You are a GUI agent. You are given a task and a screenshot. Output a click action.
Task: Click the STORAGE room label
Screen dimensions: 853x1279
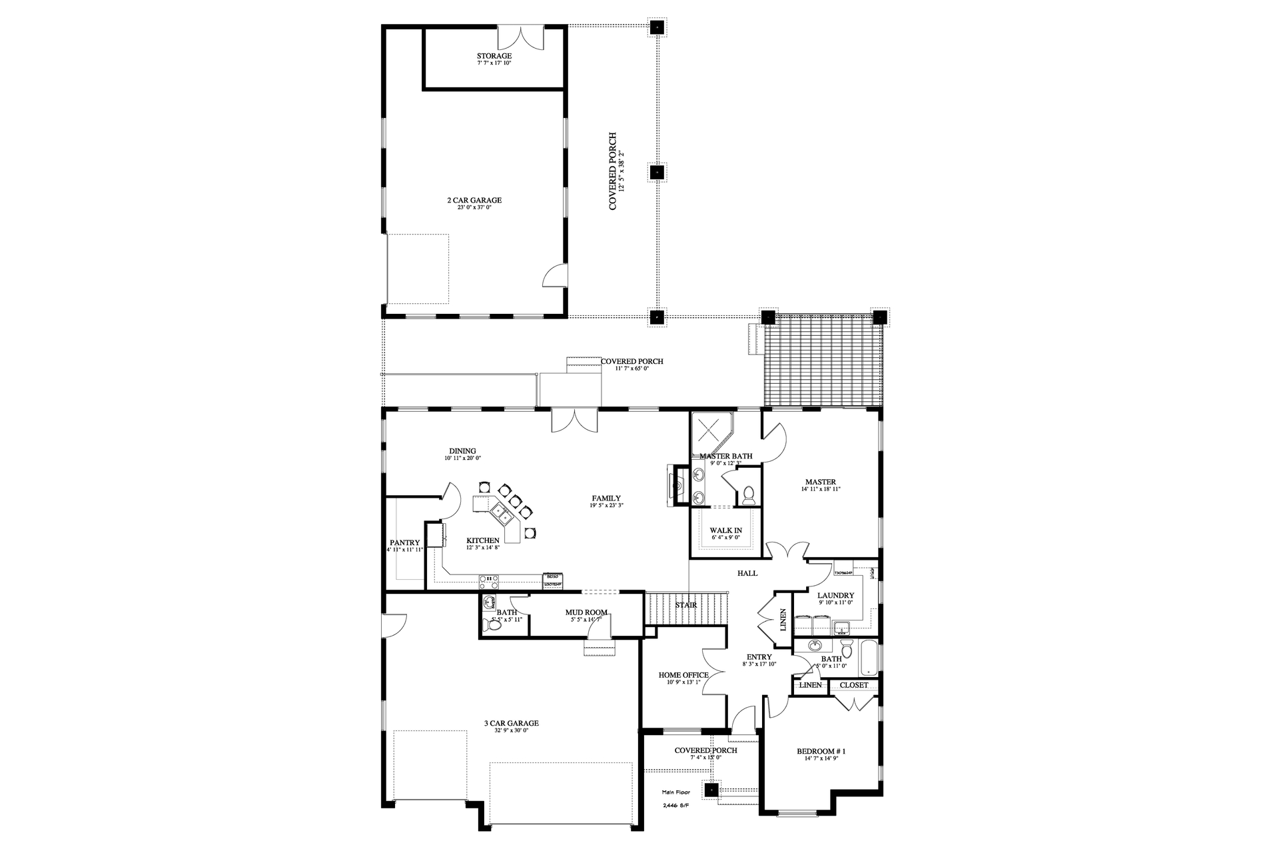point(494,56)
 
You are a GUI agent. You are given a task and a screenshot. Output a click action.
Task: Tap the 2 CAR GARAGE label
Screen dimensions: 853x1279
point(474,200)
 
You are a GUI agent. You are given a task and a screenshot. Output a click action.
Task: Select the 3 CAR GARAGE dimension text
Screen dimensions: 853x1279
point(511,730)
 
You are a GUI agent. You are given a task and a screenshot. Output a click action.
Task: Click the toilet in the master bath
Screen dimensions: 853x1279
point(748,494)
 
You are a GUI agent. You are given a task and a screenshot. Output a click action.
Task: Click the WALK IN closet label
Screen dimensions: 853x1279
point(725,530)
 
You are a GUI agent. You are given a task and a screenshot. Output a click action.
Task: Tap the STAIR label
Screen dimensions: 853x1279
point(685,605)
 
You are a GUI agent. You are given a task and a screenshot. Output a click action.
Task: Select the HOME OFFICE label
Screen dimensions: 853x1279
point(683,675)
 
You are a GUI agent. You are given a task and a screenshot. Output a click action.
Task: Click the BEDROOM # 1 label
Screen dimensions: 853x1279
point(821,752)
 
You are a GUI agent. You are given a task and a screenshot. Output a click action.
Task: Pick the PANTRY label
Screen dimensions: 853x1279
point(404,542)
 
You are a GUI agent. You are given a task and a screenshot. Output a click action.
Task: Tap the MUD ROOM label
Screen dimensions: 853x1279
point(586,612)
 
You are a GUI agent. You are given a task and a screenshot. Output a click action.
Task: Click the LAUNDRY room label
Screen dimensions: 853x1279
point(835,595)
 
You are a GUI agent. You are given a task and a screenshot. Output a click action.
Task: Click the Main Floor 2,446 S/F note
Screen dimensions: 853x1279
point(675,798)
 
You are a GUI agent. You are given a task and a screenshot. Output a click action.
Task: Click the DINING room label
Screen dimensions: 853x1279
point(462,451)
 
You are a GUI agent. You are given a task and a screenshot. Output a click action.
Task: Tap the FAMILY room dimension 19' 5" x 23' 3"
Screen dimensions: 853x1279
point(606,505)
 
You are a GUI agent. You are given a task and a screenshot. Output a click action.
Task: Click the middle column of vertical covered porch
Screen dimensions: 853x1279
point(657,172)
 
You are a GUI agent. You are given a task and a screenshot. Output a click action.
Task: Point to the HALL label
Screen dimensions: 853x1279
point(747,573)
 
